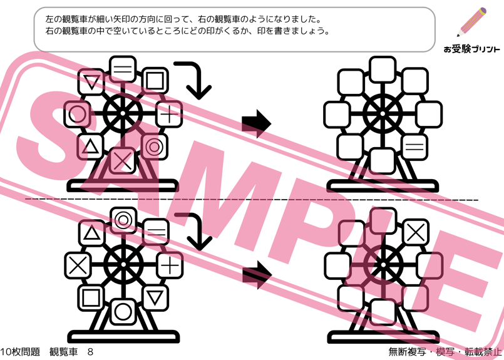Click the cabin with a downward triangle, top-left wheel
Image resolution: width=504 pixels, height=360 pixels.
click(93, 82)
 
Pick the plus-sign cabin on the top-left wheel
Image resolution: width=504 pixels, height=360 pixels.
click(168, 115)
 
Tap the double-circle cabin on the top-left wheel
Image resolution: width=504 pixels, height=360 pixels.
click(153, 147)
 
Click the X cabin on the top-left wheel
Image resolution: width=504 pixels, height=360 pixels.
click(123, 161)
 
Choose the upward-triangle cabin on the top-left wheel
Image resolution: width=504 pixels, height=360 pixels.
click(91, 147)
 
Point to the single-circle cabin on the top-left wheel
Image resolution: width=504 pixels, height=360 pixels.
click(77, 114)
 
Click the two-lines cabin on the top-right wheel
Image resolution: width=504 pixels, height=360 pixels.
click(414, 148)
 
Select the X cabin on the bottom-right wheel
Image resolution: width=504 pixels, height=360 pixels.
click(414, 232)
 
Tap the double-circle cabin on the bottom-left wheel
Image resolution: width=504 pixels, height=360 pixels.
click(123, 220)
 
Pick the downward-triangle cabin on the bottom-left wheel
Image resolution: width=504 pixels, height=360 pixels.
click(154, 296)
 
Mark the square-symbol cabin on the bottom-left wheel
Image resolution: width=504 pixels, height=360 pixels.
click(92, 296)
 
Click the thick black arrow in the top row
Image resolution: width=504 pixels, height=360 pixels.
click(256, 122)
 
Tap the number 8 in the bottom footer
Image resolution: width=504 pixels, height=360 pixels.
click(90, 352)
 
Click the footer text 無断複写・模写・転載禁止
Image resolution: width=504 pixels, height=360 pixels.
click(445, 352)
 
